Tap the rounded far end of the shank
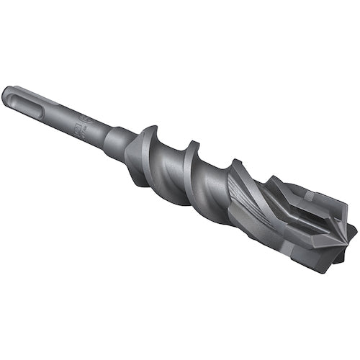[7, 93]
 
